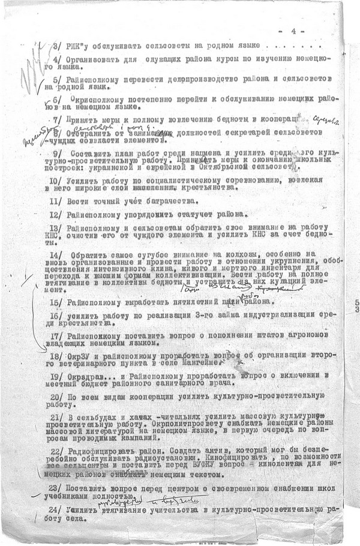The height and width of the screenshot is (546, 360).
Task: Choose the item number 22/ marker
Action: pos(55,449)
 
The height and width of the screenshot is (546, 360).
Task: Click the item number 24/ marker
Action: pos(55,509)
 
